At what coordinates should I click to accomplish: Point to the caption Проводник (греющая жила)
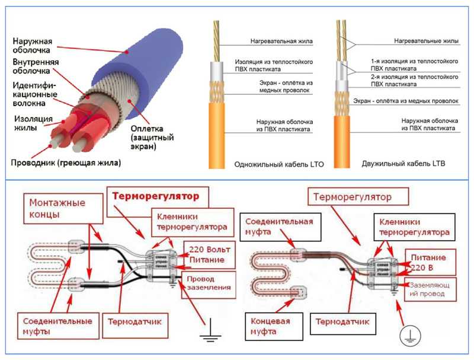[65, 163]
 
